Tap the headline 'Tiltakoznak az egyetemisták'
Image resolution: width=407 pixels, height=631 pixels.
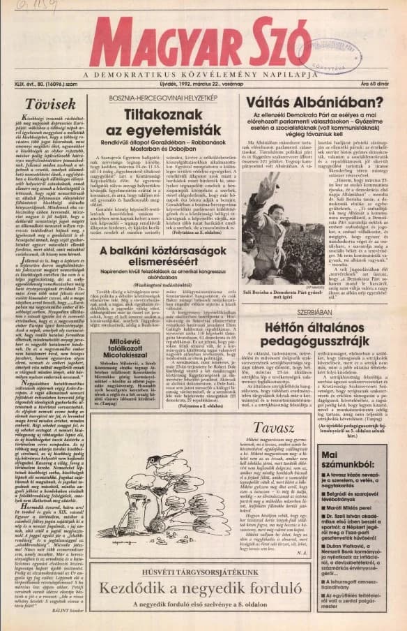[x=172, y=124]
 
